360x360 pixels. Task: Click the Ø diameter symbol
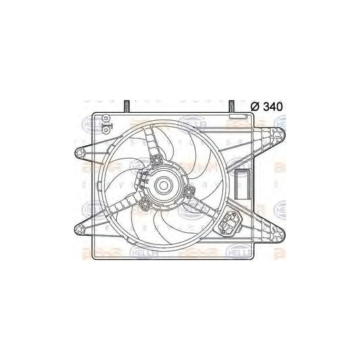pyautogui.click(x=255, y=105)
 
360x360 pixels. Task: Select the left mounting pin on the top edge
pyautogui.click(x=126, y=105)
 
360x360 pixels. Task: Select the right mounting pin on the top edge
pyautogui.click(x=231, y=105)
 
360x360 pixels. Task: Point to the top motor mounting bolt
pyautogui.click(x=157, y=160)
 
